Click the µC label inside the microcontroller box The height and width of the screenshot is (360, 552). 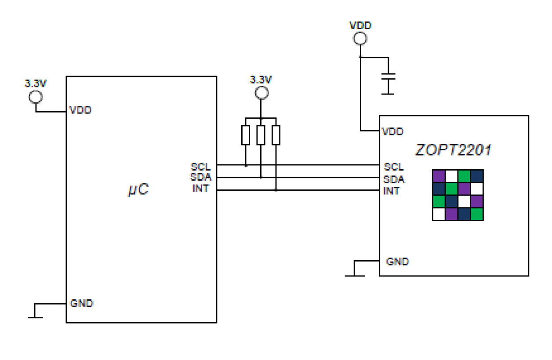(138, 190)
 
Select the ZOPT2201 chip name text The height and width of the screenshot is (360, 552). (453, 150)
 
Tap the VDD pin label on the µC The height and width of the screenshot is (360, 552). (80, 110)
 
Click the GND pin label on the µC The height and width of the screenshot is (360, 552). (81, 303)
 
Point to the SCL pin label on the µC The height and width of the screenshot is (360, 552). (201, 167)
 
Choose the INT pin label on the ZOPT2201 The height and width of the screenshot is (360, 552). (391, 191)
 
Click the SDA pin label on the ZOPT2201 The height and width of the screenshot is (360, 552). (394, 179)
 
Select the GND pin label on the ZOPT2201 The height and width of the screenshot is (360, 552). (397, 262)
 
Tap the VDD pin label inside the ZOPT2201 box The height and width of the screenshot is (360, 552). (393, 131)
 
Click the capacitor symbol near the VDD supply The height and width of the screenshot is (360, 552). (388, 77)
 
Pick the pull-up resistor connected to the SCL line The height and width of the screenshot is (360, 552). (246, 135)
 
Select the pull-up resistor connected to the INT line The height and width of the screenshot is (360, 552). (276, 135)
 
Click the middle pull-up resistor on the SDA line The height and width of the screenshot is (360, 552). (261, 135)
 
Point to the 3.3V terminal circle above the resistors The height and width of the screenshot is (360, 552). (261, 93)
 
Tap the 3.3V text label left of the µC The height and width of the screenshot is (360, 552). (36, 83)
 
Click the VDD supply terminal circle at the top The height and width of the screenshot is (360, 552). (360, 38)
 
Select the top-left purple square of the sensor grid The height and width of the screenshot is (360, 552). (439, 176)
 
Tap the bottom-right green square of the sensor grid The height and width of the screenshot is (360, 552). (477, 214)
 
